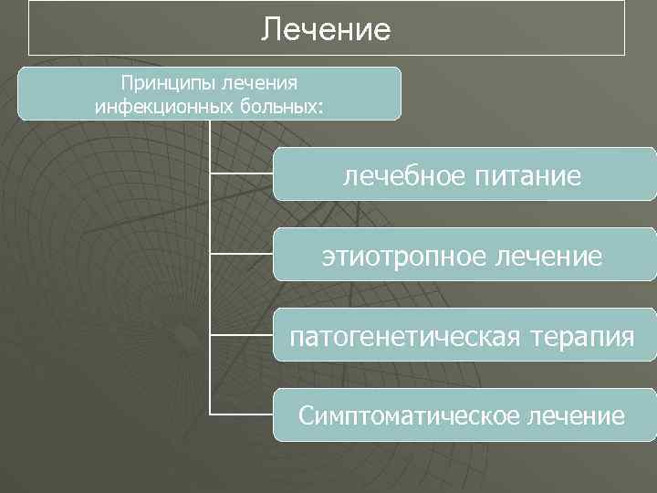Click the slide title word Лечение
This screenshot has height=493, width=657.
pos(326,30)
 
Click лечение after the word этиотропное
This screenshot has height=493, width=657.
pos(547,256)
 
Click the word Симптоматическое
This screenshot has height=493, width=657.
pos(410,416)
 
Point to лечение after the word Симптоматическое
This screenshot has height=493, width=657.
pos(577,416)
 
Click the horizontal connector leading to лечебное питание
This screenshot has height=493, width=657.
pos(242,173)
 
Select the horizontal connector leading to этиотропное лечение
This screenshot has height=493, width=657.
pos(242,253)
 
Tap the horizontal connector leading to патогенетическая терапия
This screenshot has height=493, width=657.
pos(242,333)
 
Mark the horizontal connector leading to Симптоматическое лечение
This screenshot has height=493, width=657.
pos(242,414)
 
